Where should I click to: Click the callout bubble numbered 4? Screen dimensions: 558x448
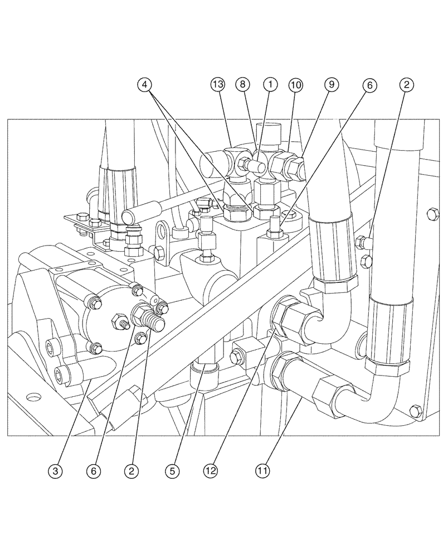(x=144, y=85)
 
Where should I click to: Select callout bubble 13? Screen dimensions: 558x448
(x=217, y=85)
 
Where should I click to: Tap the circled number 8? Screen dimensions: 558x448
(x=243, y=85)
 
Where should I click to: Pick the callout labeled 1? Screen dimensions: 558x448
(x=270, y=85)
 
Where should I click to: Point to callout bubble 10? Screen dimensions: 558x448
(x=295, y=85)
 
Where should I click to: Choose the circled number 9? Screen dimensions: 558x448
(x=331, y=85)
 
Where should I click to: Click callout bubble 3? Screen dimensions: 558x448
(x=54, y=470)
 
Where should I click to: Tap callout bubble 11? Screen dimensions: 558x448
(x=262, y=470)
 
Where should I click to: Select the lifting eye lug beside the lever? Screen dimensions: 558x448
(x=164, y=230)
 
